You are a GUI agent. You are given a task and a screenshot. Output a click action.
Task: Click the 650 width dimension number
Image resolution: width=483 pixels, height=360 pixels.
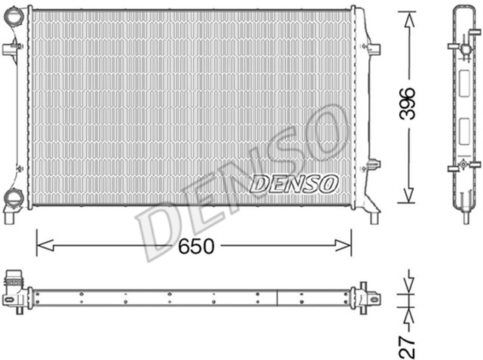198,246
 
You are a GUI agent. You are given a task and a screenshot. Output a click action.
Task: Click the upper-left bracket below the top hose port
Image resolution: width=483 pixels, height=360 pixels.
11,51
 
